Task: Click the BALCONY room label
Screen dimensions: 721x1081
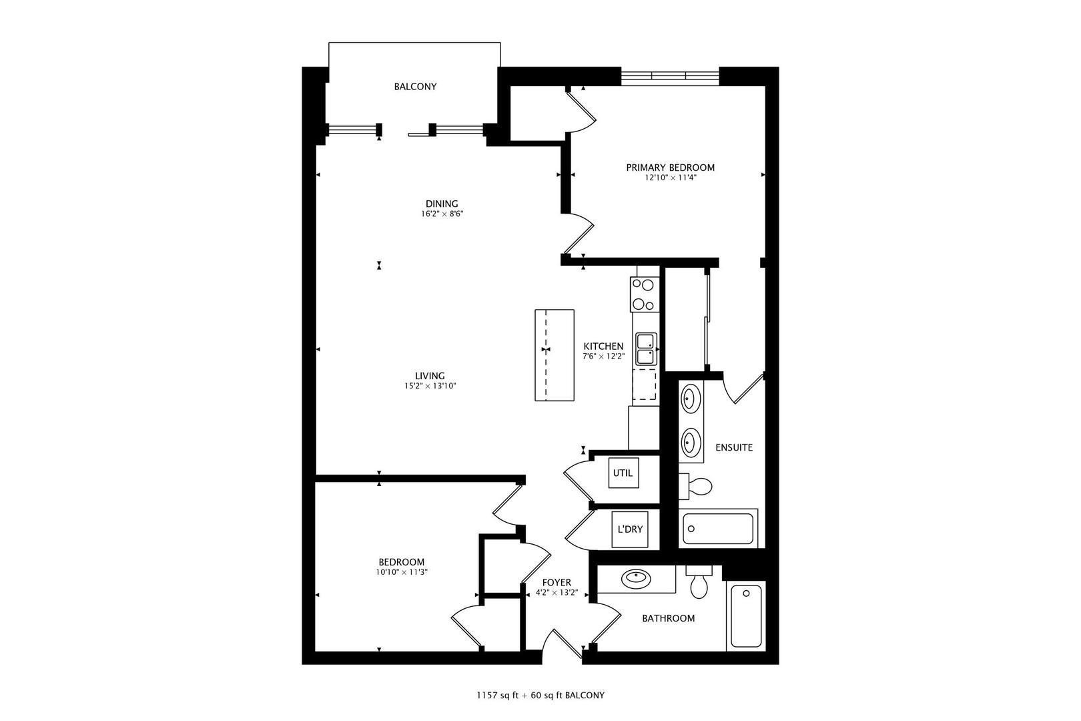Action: (x=415, y=87)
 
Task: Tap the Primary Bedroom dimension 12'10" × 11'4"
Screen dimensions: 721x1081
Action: (x=670, y=178)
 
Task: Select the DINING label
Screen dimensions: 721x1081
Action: (x=442, y=204)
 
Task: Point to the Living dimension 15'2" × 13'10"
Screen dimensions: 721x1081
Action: (x=429, y=386)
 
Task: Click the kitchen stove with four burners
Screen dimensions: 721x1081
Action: (x=644, y=294)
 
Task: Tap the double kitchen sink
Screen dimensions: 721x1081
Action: (x=645, y=349)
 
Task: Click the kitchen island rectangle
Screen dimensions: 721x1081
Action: (x=554, y=355)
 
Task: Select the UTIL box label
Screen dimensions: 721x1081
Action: (x=623, y=473)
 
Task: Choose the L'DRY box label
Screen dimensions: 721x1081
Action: (x=630, y=529)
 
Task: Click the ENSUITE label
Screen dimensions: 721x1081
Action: (x=734, y=447)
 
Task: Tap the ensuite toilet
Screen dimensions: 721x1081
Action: (x=696, y=485)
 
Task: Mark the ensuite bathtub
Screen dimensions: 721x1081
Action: (x=719, y=529)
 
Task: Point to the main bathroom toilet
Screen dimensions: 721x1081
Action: (x=699, y=583)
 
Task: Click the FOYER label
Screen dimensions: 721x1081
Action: (x=556, y=583)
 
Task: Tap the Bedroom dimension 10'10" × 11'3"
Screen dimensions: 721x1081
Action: (x=401, y=572)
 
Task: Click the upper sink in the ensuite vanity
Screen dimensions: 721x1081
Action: (x=690, y=400)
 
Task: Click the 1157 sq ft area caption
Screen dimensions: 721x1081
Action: (x=540, y=695)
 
